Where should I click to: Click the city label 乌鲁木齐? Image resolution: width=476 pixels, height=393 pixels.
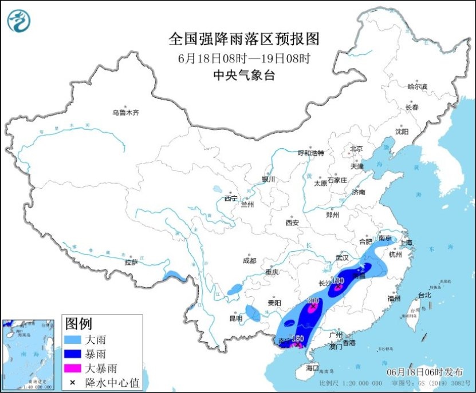(125, 113)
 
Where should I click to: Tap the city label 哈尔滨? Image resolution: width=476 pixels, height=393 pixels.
(417, 86)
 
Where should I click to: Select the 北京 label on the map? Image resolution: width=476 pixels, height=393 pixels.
(356, 149)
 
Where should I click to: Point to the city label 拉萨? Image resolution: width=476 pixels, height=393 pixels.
(131, 263)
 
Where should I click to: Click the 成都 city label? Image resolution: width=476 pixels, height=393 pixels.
(249, 260)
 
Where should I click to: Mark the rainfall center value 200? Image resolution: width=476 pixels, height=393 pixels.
(313, 301)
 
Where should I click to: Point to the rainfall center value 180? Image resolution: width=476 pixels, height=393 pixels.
(337, 281)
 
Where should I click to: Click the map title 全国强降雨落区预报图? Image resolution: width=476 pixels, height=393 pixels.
(243, 39)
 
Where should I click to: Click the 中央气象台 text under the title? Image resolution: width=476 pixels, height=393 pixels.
(243, 75)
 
